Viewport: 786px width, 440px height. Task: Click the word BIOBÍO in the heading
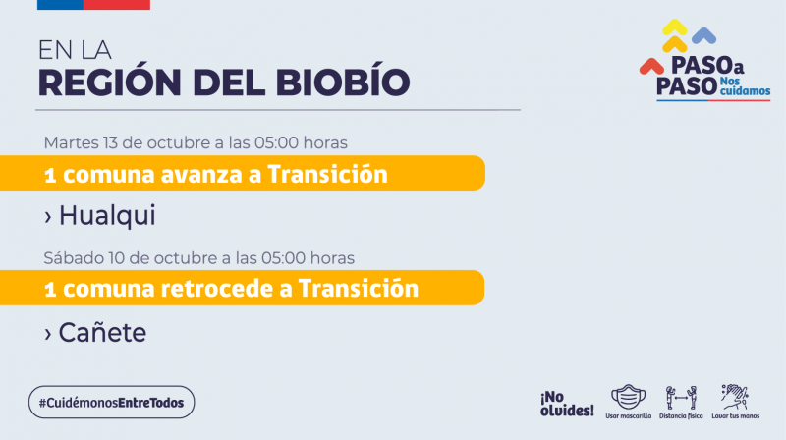point(343,81)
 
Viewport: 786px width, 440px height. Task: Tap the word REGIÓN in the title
point(110,81)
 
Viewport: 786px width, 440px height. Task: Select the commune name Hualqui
point(107,215)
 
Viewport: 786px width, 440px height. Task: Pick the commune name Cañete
point(102,332)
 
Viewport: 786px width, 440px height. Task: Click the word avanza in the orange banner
point(202,175)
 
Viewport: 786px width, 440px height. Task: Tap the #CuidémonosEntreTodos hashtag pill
point(111,402)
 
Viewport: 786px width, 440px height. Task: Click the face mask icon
point(628,398)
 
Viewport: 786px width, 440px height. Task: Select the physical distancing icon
point(681,398)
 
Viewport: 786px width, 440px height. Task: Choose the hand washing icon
point(735,397)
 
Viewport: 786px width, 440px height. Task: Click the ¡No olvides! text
point(567,404)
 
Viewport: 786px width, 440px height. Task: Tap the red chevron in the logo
point(651,66)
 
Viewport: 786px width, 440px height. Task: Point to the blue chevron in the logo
point(703,35)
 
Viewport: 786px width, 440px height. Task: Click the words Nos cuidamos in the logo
point(745,86)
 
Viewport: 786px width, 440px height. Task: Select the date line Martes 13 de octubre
point(196,142)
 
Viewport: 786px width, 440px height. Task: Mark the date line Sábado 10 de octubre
point(199,258)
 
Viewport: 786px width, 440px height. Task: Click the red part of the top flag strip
point(116,5)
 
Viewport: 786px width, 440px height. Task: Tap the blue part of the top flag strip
point(60,5)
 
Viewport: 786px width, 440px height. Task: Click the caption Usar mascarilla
point(628,416)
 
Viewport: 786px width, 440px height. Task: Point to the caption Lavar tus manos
point(735,416)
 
